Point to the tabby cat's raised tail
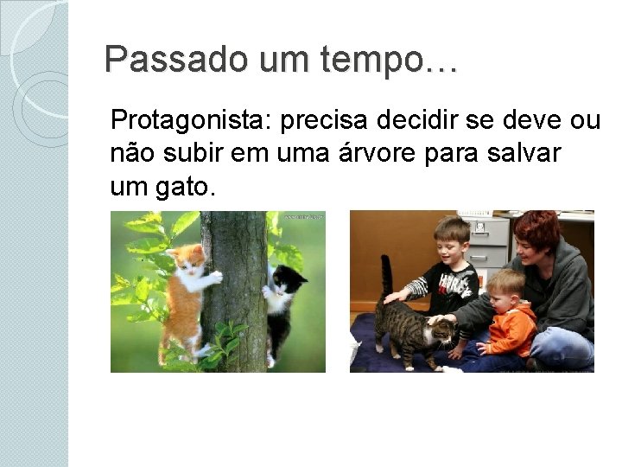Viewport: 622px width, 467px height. click(385, 277)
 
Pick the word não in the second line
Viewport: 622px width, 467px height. click(128, 154)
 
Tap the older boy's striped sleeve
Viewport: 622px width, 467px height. click(419, 285)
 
